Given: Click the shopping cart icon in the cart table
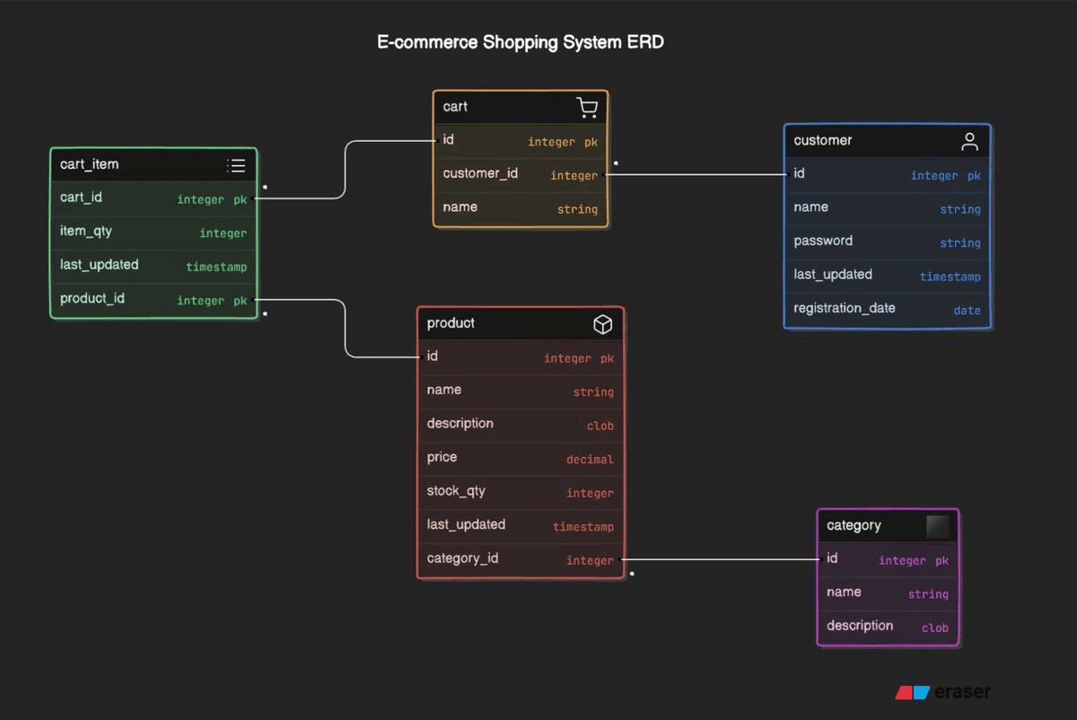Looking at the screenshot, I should [x=587, y=108].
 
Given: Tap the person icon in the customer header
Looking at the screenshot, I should [x=969, y=141].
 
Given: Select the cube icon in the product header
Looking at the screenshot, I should [x=603, y=324].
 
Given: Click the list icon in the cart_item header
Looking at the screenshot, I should [x=236, y=165].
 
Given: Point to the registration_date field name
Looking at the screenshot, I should [x=845, y=308].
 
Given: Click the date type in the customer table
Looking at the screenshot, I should [x=967, y=311].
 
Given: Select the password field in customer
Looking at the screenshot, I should [x=823, y=241].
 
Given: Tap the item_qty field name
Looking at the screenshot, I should [x=86, y=231].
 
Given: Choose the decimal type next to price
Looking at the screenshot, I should [x=590, y=460].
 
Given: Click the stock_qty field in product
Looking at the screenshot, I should [x=457, y=491].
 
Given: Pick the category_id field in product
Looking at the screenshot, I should [x=462, y=558].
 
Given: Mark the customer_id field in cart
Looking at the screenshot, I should [x=480, y=173].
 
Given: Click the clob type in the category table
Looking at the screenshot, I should [x=934, y=628].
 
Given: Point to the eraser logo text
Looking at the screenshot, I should [x=962, y=692].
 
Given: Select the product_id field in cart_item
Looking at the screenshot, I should [x=92, y=298].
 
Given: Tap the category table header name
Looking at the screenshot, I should [x=854, y=525].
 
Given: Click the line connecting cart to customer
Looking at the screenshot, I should [x=696, y=175].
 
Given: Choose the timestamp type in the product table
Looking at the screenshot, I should [x=582, y=527].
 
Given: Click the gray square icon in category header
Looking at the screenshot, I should [x=937, y=526].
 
